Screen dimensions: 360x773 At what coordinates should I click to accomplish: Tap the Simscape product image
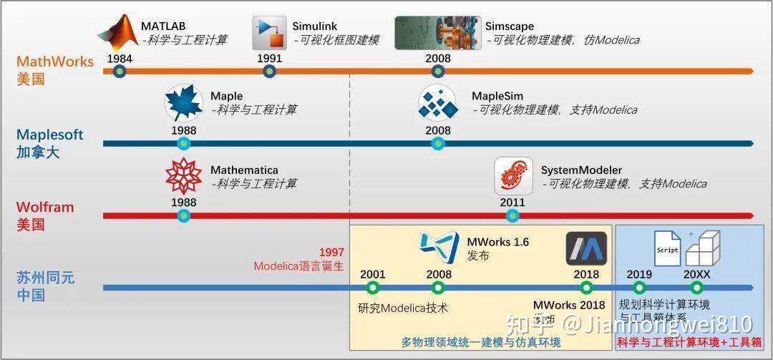coord(437,33)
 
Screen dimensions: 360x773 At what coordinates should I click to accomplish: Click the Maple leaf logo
coord(184,102)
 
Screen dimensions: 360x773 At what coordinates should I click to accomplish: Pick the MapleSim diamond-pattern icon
coord(437,102)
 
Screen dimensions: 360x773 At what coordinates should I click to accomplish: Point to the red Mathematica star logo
coord(184,176)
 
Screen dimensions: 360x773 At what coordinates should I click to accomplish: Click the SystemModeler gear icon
coord(513,176)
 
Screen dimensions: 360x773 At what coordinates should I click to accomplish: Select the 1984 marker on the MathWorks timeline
coord(120,72)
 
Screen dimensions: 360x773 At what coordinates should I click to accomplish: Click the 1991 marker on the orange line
coord(269,72)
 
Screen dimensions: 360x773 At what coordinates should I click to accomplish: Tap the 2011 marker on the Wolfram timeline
coord(512,215)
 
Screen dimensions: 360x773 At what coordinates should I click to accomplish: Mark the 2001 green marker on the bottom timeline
coord(371,288)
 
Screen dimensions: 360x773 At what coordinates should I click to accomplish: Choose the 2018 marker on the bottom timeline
coord(586,288)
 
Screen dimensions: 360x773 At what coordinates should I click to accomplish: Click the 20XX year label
coord(698,274)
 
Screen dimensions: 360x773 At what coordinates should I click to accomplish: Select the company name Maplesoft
coord(50,135)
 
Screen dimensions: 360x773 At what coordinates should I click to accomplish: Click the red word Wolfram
coord(45,208)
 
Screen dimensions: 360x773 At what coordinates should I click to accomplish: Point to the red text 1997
coord(331,253)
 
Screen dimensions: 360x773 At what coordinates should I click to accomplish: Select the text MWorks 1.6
coord(497,242)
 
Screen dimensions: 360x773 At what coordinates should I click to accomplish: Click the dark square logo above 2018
coord(586,248)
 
